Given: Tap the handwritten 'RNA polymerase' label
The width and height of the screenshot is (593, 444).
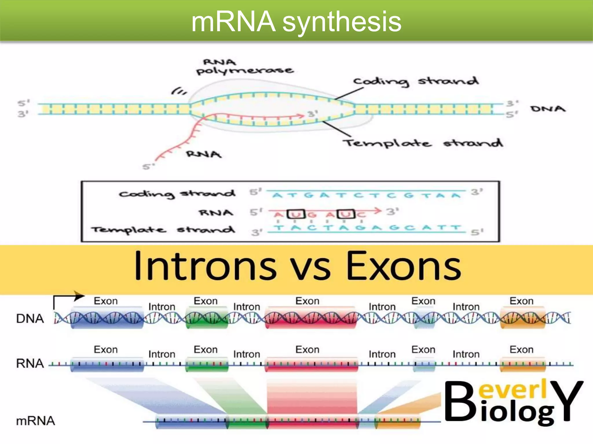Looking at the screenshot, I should (x=245, y=67).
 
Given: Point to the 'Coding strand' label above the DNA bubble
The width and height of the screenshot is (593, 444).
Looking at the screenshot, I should (x=416, y=82).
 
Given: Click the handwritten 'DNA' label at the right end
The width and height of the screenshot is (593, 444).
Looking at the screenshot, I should (x=548, y=109).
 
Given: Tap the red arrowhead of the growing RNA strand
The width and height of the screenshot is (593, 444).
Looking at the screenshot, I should (x=301, y=116).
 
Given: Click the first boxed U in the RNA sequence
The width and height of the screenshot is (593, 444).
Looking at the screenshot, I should (x=296, y=214).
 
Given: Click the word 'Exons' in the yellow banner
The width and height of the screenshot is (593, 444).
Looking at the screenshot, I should (x=404, y=266).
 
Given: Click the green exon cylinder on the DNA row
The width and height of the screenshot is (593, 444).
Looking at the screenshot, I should (x=206, y=318).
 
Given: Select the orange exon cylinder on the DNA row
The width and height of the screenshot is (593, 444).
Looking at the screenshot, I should (x=522, y=318).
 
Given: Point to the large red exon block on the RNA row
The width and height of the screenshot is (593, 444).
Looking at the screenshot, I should (x=311, y=364).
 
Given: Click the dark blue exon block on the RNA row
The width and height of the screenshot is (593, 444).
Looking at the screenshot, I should (x=107, y=364).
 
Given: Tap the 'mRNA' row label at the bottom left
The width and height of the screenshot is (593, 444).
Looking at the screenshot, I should (x=35, y=421).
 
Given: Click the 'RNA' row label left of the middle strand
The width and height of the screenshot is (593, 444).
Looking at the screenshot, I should (x=30, y=363).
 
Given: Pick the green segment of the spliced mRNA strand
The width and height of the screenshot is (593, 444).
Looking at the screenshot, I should (x=247, y=422).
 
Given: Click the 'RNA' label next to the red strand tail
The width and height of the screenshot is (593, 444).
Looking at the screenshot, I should (x=204, y=154).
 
